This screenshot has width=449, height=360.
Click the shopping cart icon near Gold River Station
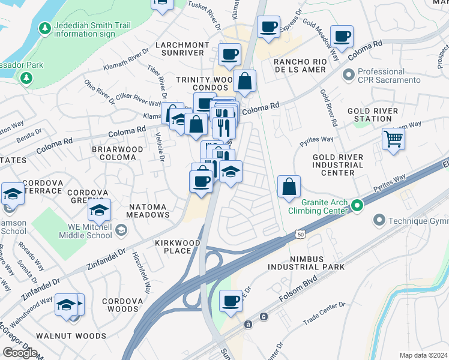393,139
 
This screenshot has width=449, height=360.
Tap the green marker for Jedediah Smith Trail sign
44,28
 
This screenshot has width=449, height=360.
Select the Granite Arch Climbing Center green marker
357,206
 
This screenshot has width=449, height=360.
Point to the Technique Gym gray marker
379,221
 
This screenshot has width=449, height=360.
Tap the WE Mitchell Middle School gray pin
121,230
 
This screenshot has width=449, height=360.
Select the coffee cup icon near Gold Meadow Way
342,36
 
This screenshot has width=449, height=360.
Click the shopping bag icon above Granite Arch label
289,186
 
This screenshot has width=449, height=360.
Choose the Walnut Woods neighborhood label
79,336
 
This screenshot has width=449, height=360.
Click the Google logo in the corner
20,353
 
